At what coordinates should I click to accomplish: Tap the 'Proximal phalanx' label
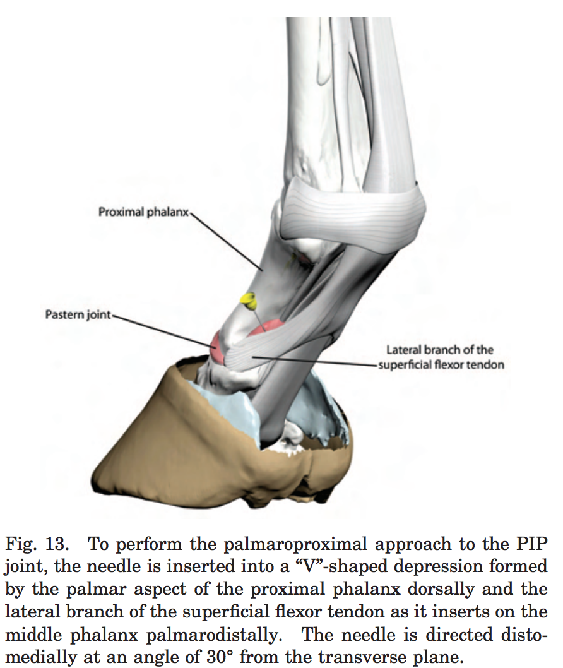pos(143,212)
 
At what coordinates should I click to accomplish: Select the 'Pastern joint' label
pos(77,314)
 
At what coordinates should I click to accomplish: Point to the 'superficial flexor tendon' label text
pos(441,365)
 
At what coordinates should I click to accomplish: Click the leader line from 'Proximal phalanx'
pos(227,240)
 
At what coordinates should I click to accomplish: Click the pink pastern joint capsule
pos(216,349)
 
